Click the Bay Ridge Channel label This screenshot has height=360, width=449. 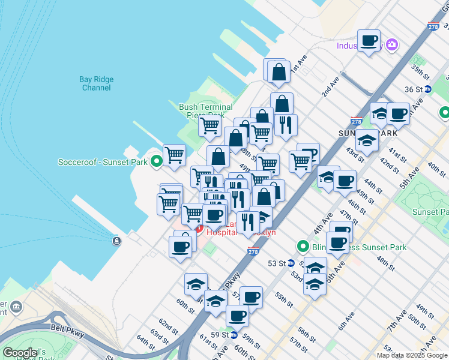(95, 83)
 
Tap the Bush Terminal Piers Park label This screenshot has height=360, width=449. (205, 111)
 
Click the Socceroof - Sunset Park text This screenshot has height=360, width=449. (103, 162)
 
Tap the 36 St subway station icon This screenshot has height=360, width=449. (427, 89)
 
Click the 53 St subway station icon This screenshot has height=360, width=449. (291, 263)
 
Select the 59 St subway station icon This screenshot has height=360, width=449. (235, 335)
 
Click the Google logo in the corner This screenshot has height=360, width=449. (20, 353)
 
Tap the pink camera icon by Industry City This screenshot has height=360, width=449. (392, 44)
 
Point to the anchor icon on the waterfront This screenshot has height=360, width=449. (116, 241)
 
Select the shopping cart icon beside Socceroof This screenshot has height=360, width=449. (174, 155)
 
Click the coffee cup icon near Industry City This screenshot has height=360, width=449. (370, 41)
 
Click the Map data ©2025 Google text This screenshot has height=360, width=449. (412, 355)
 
